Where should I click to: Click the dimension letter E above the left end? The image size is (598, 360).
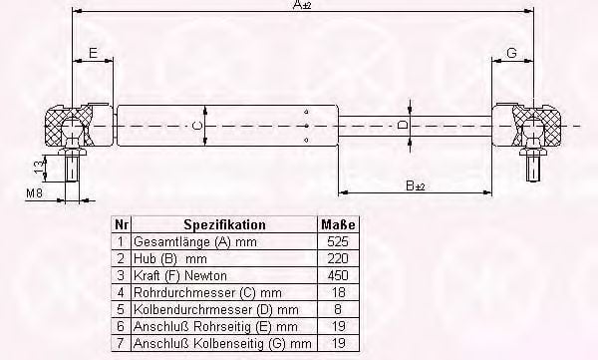(x=94, y=53)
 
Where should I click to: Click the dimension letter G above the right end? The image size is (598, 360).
(x=512, y=53)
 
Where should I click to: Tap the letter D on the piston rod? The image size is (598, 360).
(x=403, y=125)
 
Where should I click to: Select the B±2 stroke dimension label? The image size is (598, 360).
(x=416, y=185)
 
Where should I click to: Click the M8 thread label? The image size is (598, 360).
(x=34, y=193)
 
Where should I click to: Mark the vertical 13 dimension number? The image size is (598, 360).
(x=39, y=167)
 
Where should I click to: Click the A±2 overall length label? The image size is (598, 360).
(x=302, y=5)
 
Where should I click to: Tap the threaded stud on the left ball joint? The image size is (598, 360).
(x=72, y=167)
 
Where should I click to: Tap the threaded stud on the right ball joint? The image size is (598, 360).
(x=533, y=168)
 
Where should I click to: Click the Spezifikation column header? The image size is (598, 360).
(x=224, y=224)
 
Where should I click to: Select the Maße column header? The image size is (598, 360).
(x=338, y=224)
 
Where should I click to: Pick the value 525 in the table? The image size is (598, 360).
(x=338, y=241)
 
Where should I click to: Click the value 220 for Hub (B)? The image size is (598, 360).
(x=338, y=258)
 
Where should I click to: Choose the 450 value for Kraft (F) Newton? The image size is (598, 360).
(x=338, y=275)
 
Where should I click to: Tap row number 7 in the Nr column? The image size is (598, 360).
(x=121, y=343)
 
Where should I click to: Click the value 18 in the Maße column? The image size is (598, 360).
(x=338, y=292)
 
